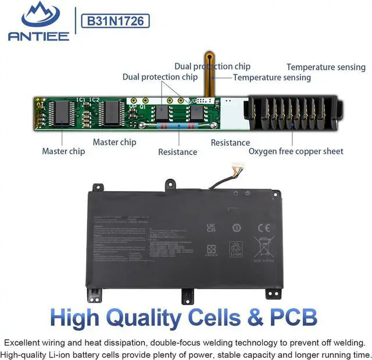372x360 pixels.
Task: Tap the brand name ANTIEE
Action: [x=38, y=36]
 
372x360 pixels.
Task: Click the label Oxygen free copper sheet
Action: [x=296, y=151]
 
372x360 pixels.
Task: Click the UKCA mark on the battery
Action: [x=211, y=227]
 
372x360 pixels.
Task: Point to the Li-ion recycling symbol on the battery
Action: [x=237, y=249]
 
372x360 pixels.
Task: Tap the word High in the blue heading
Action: [x=79, y=318]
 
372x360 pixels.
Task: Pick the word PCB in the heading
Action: [x=295, y=318]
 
